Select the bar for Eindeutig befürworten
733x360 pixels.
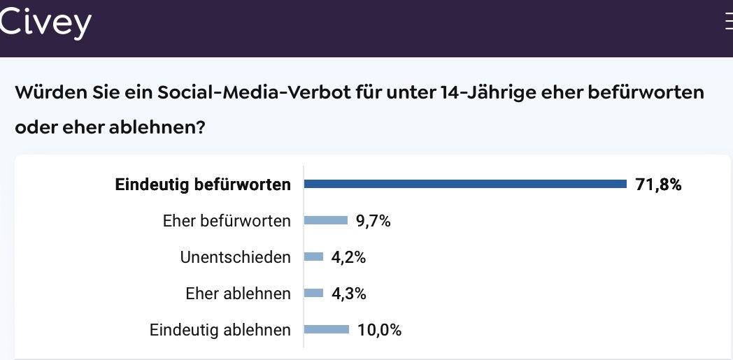pos(465,184)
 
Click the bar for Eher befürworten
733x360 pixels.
pos(326,221)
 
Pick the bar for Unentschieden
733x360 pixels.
pos(314,257)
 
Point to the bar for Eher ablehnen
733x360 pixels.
pos(314,294)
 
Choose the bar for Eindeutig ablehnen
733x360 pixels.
pos(327,330)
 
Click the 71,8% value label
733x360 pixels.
pos(658,185)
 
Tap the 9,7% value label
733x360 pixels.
pos(373,222)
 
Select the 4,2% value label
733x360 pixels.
pos(348,257)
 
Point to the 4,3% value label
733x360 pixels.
pos(348,294)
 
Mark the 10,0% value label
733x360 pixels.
pos(379,330)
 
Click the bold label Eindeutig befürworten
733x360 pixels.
pos(203,185)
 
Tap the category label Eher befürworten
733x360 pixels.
pos(227,222)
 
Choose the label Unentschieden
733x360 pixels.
pos(235,257)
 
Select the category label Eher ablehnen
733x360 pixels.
pos(238,294)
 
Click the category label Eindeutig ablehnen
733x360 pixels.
pos(220,330)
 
